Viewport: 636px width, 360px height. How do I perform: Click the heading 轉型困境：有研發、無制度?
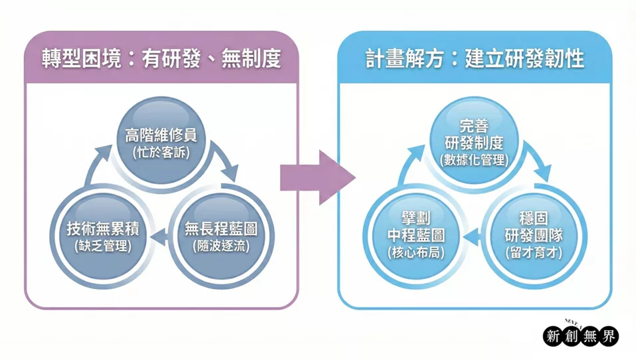(159, 60)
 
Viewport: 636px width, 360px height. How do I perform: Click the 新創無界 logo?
(581, 335)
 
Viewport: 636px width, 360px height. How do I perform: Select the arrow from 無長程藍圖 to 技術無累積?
(159, 236)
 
